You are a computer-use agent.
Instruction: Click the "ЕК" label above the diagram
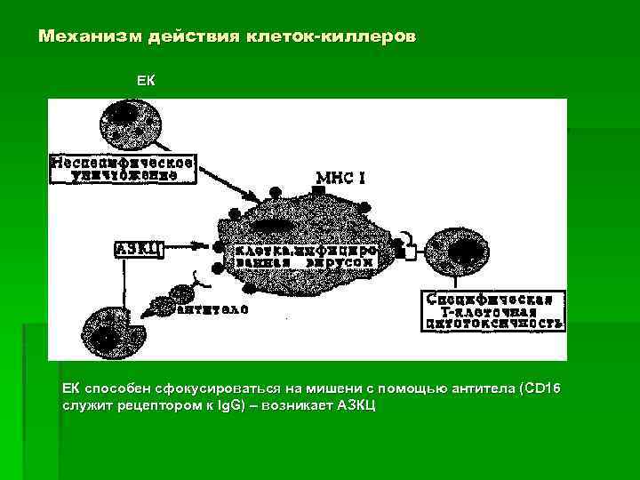pyautogui.click(x=146, y=81)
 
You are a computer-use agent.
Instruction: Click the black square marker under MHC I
pyautogui.click(x=317, y=191)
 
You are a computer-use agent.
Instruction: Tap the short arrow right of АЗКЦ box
pyautogui.click(x=188, y=248)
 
